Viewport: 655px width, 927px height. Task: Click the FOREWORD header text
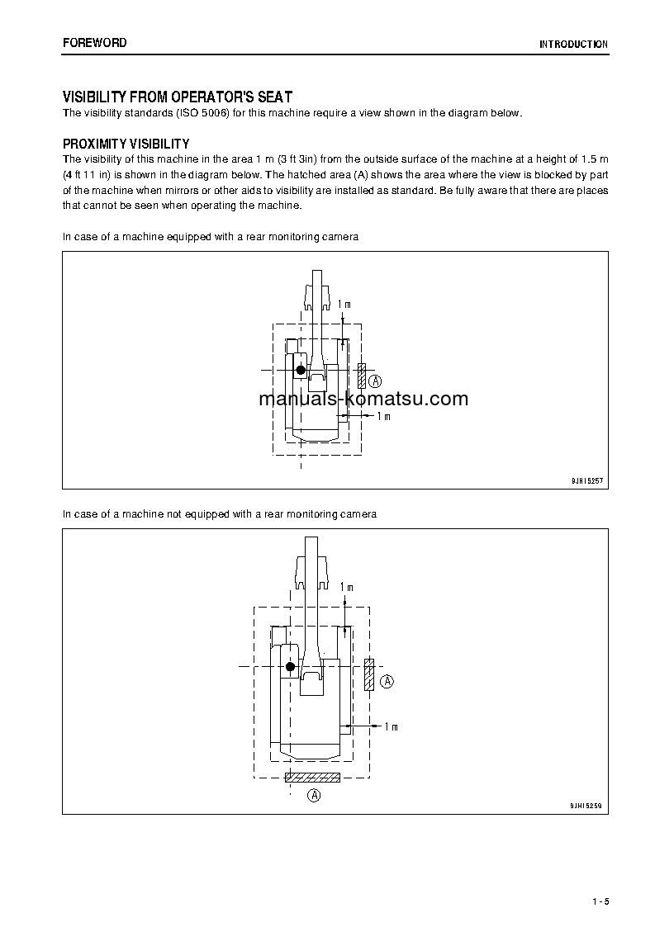click(x=95, y=42)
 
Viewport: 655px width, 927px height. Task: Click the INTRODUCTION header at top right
click(x=573, y=45)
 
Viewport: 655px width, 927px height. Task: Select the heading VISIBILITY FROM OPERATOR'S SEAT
click(x=178, y=97)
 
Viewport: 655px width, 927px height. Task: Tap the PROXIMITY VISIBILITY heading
click(x=126, y=144)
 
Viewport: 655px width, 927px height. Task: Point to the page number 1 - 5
click(x=600, y=901)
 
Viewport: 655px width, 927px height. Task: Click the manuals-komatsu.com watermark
click(x=363, y=400)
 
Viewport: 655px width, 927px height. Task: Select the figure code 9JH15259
click(x=588, y=804)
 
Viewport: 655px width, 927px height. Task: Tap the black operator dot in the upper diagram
click(x=301, y=370)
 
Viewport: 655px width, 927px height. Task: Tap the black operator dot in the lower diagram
click(x=289, y=666)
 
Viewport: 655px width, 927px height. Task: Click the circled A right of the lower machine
click(x=387, y=681)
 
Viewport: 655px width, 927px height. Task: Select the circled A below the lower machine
click(x=313, y=796)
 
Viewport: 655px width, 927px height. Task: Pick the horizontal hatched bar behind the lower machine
click(x=312, y=777)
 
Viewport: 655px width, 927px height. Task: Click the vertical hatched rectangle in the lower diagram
click(x=369, y=674)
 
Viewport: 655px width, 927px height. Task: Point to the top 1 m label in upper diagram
click(x=344, y=305)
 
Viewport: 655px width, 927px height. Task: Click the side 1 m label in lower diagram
click(x=391, y=726)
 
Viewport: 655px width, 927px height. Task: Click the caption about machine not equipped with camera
click(x=220, y=514)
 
